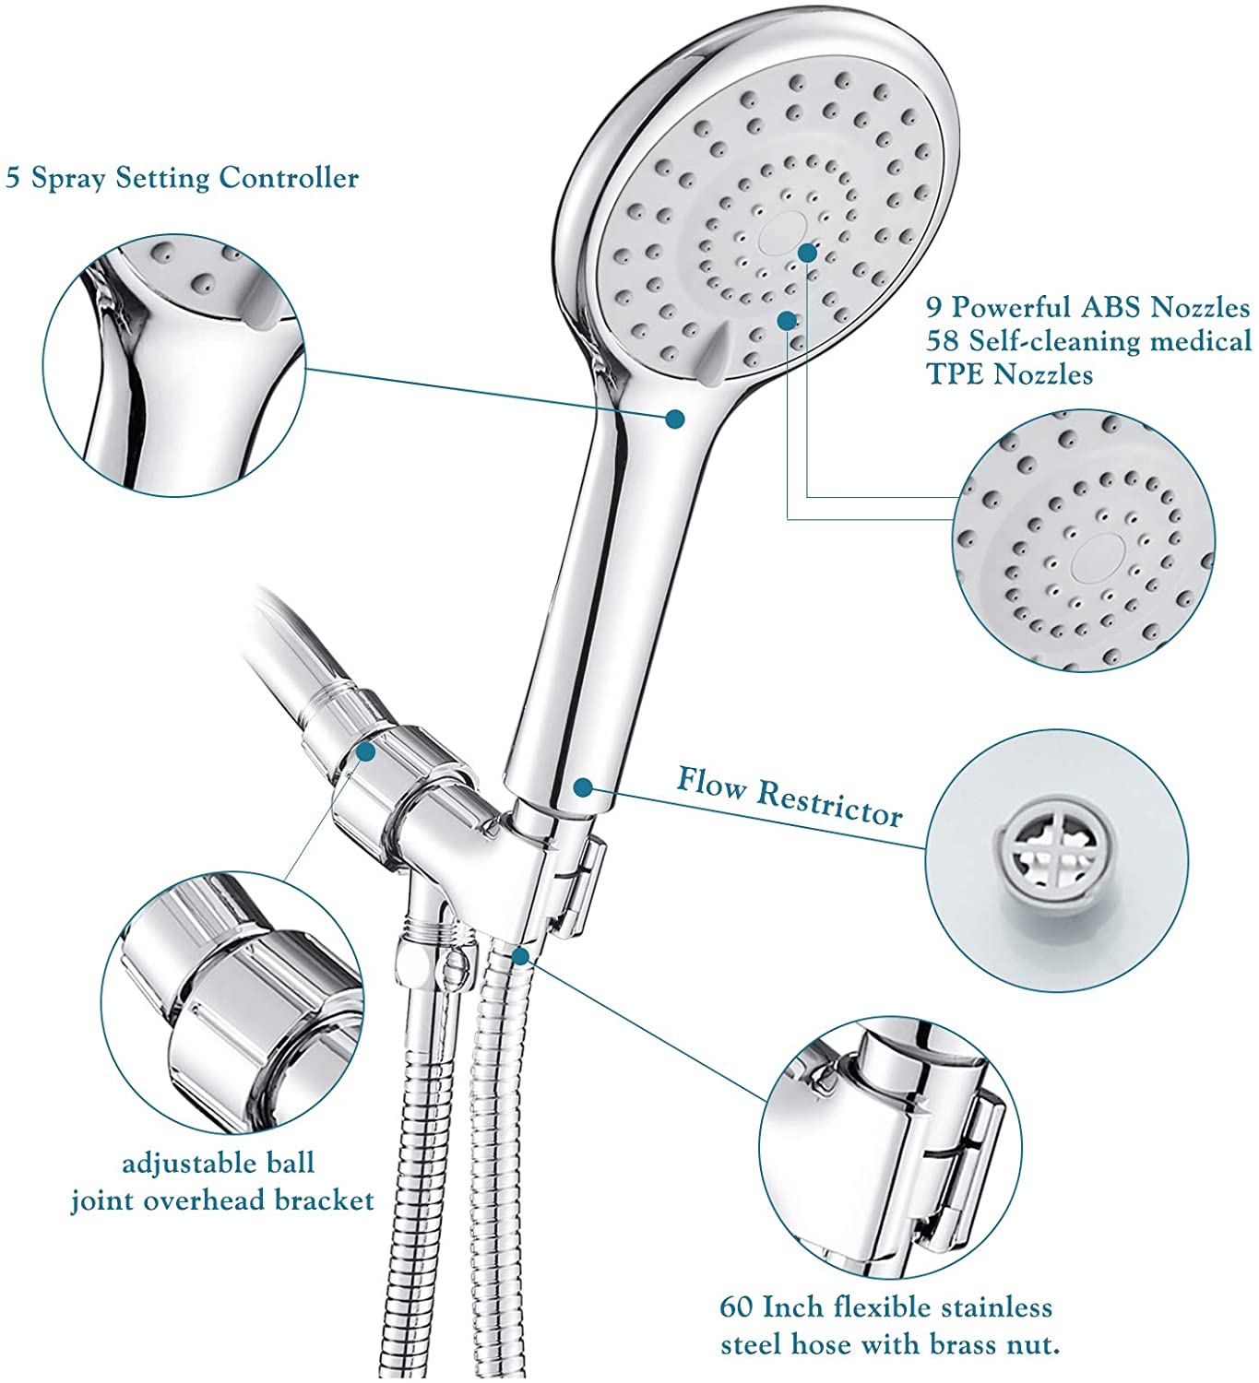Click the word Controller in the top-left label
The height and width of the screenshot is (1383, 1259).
click(x=289, y=178)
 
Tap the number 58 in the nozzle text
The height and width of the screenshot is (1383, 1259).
click(x=943, y=340)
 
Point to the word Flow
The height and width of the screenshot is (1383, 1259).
click(x=711, y=783)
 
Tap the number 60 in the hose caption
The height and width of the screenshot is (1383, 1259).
click(x=736, y=1307)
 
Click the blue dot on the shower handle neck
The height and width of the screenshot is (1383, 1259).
click(x=674, y=419)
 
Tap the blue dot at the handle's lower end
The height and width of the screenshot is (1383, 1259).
click(x=583, y=786)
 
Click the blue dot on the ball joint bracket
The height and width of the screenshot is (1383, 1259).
click(x=365, y=751)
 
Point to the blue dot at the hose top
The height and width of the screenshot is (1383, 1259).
click(x=520, y=955)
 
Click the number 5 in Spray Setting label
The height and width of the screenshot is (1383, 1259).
click(x=13, y=178)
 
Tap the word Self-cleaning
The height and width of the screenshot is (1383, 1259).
click(x=1049, y=341)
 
